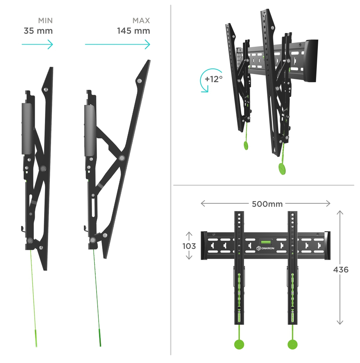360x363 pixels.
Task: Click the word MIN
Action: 45,21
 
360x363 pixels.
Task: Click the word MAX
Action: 141,21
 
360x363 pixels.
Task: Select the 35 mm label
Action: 38,31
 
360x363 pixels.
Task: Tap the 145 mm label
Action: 133,31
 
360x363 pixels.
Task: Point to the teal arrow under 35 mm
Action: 37,44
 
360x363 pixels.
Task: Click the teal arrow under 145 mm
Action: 117,44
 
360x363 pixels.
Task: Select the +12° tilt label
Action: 214,79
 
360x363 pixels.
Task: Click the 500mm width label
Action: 267,204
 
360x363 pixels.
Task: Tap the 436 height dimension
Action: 341,270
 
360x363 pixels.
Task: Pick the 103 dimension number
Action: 189,246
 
